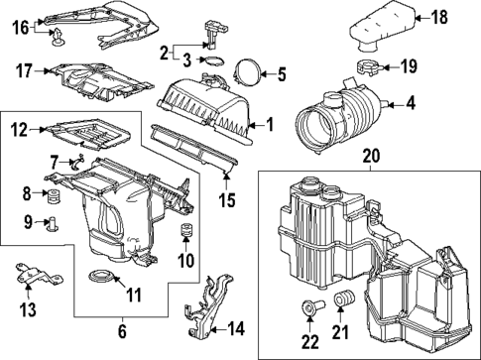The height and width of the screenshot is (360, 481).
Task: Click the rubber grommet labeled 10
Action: (183, 234)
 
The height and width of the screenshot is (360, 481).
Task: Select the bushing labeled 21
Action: (346, 301)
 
